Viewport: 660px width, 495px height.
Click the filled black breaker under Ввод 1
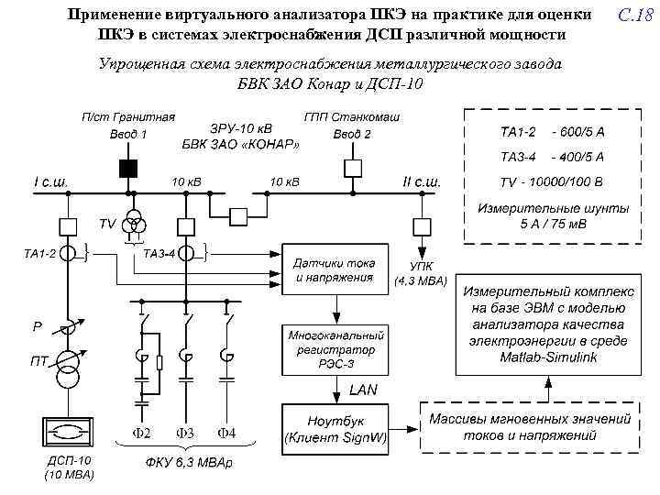tap(126, 168)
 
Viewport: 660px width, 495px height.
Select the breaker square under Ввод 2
tap(351, 167)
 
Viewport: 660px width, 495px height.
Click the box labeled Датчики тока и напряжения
tap(335, 269)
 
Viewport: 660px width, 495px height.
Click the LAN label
tap(363, 390)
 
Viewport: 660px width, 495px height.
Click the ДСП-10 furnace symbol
tap(68, 434)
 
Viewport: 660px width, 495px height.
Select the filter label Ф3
tap(185, 432)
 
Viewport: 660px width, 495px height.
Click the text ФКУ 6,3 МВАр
tap(189, 461)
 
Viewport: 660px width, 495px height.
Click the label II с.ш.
tap(422, 181)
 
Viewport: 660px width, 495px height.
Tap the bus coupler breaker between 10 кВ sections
tap(238, 216)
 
